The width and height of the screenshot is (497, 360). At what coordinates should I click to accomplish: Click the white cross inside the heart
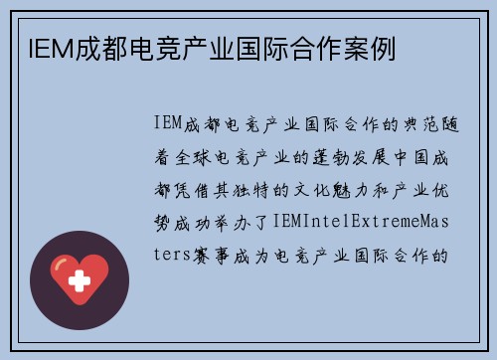point(79,279)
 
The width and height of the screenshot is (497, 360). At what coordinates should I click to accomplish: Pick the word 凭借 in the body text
point(189,188)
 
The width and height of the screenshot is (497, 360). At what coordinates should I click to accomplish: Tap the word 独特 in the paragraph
point(253,188)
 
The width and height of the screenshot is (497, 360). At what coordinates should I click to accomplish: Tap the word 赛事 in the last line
point(211,253)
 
